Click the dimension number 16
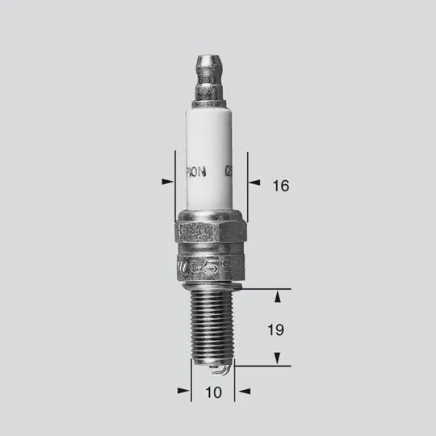[x=280, y=187]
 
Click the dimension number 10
[x=212, y=393]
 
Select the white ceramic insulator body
[x=211, y=153]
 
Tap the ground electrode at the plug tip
[x=216, y=371]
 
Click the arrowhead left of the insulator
[x=167, y=182]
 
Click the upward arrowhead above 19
[x=278, y=297]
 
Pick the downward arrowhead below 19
[x=278, y=357]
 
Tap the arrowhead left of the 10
[x=183, y=391]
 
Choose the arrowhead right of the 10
[x=241, y=391]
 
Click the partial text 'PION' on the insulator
[x=197, y=172]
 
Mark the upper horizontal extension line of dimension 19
[x=262, y=287]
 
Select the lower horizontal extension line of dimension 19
[x=262, y=366]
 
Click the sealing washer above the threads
[x=212, y=283]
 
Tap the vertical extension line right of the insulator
[x=247, y=186]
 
